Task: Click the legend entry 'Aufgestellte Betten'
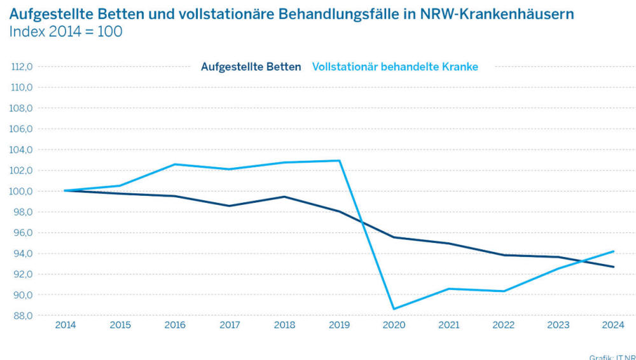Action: (x=251, y=67)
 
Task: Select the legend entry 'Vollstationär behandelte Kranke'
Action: (x=395, y=67)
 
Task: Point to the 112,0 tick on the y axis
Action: (x=22, y=67)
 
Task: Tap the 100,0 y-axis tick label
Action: (x=22, y=191)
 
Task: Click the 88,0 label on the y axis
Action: (x=22, y=316)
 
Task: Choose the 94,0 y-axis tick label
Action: (x=22, y=254)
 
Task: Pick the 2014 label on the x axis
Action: (x=66, y=325)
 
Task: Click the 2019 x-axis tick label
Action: (x=340, y=325)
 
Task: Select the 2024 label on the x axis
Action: (x=613, y=325)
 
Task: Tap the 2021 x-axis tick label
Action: (x=449, y=325)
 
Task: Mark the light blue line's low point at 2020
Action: (x=394, y=309)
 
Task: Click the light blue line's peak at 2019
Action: (x=340, y=160)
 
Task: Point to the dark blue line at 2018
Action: (x=285, y=197)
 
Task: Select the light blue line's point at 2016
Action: (x=175, y=164)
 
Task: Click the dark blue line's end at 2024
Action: (x=613, y=267)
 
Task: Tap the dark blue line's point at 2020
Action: (x=394, y=237)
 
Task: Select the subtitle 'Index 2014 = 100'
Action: (x=66, y=32)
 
